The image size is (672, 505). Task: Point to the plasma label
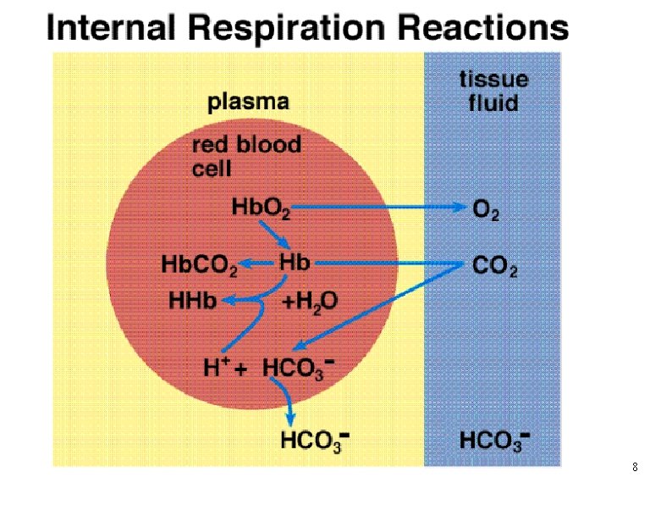(248, 103)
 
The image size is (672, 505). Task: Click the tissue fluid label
(493, 92)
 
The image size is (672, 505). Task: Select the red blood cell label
(245, 156)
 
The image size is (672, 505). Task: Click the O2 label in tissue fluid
(485, 208)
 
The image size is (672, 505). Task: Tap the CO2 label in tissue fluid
(494, 268)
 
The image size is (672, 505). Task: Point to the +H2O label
(310, 300)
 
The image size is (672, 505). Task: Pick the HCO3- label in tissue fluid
(495, 441)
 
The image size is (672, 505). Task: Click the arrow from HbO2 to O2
(381, 206)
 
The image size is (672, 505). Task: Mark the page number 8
(635, 468)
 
